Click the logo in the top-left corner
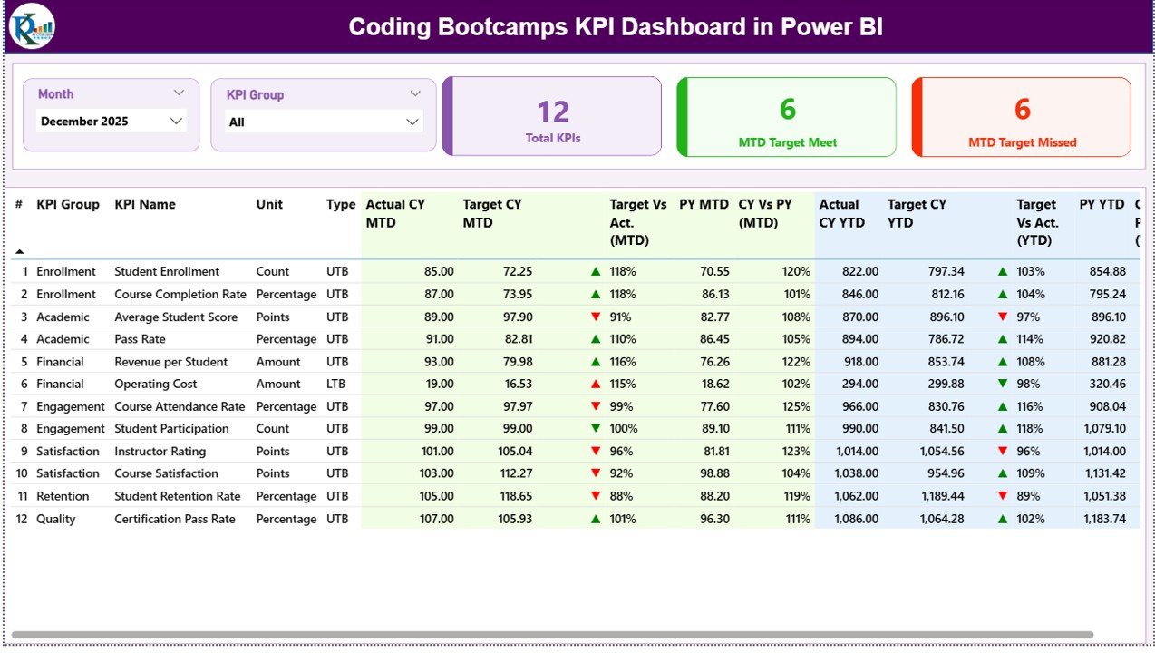pyautogui.click(x=32, y=26)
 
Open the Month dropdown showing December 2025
pyautogui.click(x=111, y=122)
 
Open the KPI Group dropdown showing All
pyautogui.click(x=323, y=122)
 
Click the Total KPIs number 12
pyautogui.click(x=553, y=112)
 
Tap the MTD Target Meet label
pyautogui.click(x=787, y=142)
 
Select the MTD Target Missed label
pyautogui.click(x=1022, y=142)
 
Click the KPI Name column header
pyautogui.click(x=145, y=205)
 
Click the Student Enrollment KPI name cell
pyautogui.click(x=167, y=271)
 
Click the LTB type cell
pyautogui.click(x=337, y=384)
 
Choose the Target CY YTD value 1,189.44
pyautogui.click(x=938, y=496)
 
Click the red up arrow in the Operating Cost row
pyautogui.click(x=596, y=384)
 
